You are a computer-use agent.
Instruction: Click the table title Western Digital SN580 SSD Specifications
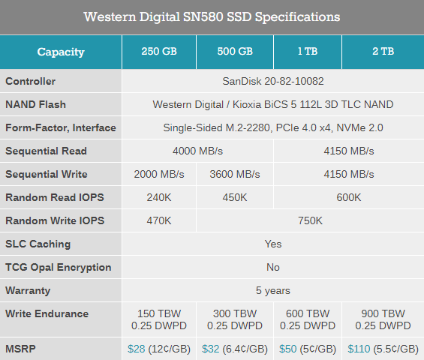tap(212, 16)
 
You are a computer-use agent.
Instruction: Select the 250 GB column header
tap(159, 52)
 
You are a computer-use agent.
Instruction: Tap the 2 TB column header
tap(383, 52)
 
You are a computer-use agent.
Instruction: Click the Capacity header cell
tap(61, 52)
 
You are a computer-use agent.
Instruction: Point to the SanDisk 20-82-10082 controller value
tap(273, 81)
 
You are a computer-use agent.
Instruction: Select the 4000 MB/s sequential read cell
tap(197, 151)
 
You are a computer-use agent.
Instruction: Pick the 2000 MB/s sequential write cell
tap(159, 174)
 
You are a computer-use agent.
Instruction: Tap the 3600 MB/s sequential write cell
tap(235, 174)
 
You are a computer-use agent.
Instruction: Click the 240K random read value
tap(159, 197)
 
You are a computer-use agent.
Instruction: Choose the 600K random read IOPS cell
tap(348, 197)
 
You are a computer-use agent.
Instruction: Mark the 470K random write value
tap(159, 220)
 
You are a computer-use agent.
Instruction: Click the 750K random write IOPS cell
tap(310, 220)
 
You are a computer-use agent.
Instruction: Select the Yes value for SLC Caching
tap(273, 244)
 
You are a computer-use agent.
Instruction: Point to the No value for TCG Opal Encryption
tap(273, 267)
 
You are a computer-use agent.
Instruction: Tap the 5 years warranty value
tap(273, 290)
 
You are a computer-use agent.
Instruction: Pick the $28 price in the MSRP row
tap(136, 349)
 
